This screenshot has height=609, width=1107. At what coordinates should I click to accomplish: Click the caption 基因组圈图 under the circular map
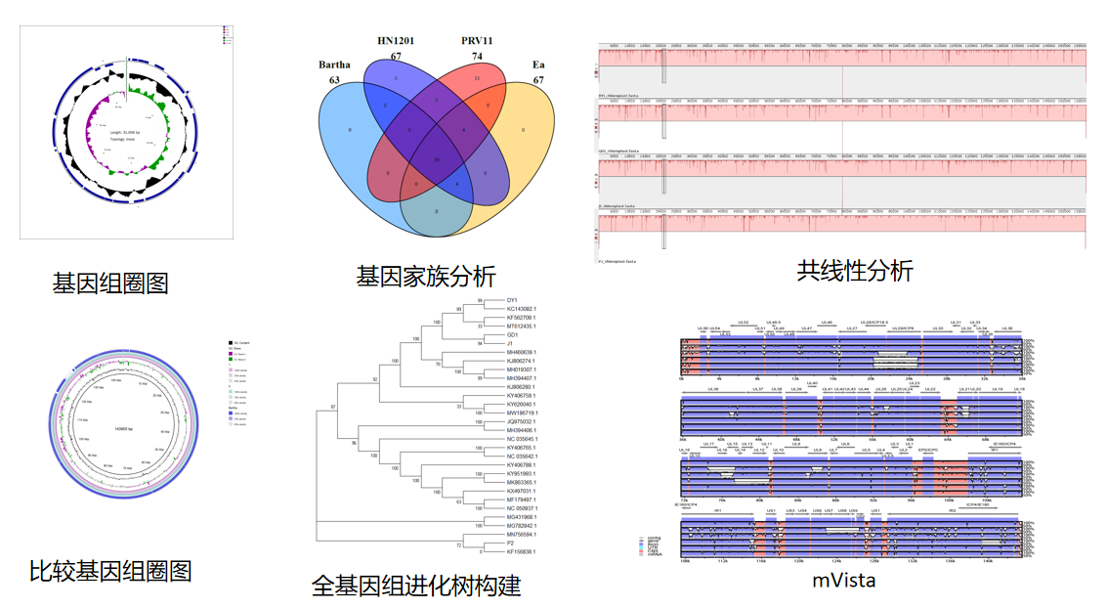point(110,283)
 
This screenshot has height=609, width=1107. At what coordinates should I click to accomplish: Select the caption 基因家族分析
point(425,277)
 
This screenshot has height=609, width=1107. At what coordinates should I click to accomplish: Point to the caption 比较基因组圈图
point(110,571)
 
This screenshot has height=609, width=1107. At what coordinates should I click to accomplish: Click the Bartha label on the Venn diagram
point(334,65)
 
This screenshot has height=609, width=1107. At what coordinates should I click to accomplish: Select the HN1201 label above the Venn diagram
point(397,40)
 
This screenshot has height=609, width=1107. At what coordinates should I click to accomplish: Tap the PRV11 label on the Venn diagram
point(477,40)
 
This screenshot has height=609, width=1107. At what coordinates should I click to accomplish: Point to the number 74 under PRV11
point(477,56)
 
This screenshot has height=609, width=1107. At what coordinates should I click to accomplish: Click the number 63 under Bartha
point(334,80)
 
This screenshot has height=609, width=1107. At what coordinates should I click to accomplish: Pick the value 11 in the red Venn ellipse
point(477,78)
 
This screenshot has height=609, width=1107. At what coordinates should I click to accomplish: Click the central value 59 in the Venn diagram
point(436,158)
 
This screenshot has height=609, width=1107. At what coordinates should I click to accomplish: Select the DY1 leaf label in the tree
point(512,300)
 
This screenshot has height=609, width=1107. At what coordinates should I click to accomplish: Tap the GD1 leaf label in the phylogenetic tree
point(512,334)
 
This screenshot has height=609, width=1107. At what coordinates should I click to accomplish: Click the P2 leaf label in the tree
point(510,543)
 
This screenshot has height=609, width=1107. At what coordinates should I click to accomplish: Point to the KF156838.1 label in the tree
point(522,551)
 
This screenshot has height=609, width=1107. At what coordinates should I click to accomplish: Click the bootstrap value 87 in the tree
point(333,406)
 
